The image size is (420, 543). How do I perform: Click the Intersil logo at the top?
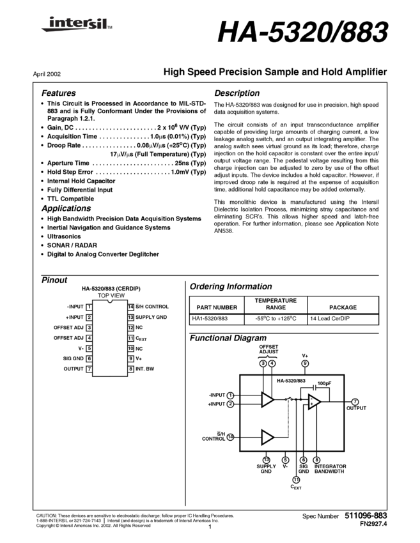(74, 24)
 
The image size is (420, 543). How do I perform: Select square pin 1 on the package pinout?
(89, 307)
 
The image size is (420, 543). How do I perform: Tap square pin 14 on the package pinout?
(130, 307)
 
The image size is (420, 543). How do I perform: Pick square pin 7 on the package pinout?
(89, 369)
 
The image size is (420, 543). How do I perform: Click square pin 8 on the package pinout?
(130, 369)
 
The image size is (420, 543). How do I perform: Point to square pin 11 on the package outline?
(130, 338)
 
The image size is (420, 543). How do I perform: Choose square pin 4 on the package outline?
(89, 338)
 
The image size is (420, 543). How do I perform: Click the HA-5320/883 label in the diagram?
(291, 381)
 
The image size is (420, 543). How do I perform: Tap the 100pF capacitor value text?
(324, 383)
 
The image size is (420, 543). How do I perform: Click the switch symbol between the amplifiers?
(290, 399)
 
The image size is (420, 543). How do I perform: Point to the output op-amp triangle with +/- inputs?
(314, 402)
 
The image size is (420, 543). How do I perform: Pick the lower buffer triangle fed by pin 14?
(267, 437)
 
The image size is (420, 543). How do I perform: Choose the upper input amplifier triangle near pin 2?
(267, 400)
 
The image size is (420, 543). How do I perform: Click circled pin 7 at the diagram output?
(355, 402)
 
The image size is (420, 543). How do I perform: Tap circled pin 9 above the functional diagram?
(305, 363)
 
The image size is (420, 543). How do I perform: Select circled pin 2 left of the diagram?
(230, 404)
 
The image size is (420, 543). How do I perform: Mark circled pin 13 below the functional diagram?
(267, 460)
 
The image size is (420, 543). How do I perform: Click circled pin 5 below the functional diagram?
(285, 460)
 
